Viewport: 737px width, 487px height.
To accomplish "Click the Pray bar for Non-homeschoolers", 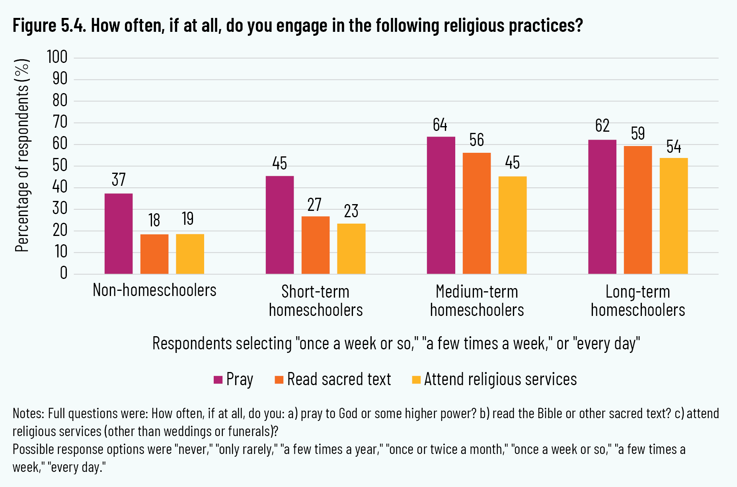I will coord(119,234).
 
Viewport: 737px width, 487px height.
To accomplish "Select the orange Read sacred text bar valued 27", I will coord(316,245).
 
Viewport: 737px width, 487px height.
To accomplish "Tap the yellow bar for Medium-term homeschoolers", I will coord(513,225).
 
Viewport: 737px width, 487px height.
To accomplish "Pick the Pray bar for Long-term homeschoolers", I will coord(602,207).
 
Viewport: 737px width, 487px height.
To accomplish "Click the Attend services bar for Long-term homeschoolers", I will coord(674,216).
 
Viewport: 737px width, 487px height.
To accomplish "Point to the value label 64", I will coord(440,125).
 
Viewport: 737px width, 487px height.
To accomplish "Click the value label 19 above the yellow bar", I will coord(188,218).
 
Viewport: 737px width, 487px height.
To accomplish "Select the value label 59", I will coord(638,134).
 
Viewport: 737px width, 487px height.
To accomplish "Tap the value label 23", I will coord(351,211).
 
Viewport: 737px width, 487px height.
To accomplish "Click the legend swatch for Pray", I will coord(218,380).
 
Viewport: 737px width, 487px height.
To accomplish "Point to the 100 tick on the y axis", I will coord(57,57).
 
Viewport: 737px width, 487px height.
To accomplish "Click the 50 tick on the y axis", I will coord(60,166).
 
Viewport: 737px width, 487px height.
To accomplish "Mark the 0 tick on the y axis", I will coord(64,273).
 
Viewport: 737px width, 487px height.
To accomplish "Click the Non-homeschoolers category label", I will coord(154,290).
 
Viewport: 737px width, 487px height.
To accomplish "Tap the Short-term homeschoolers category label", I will coord(316,301).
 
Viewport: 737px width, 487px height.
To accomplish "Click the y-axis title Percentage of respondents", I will coord(22,155).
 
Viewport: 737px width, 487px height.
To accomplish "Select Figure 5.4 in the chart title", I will coord(49,26).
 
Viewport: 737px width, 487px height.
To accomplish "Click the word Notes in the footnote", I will coord(28,414).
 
